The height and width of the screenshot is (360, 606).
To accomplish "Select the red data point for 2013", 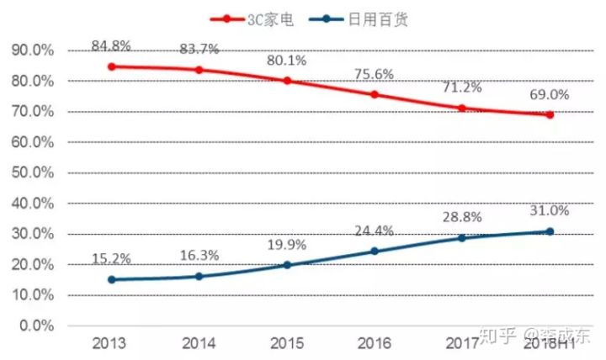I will click(x=111, y=66).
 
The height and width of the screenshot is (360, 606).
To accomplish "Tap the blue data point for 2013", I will click(x=111, y=279).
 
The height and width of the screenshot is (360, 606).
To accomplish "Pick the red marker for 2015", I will click(x=287, y=81).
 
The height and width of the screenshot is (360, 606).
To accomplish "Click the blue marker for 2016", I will click(x=375, y=251).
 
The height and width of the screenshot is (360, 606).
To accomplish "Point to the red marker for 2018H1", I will click(x=550, y=114).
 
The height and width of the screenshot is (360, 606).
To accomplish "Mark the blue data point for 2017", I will click(x=462, y=238).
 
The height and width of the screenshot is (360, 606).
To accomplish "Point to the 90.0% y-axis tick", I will click(x=33, y=50).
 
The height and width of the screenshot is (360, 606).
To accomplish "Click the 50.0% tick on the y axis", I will click(x=33, y=172).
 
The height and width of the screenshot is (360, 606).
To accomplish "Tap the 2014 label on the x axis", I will click(x=199, y=344).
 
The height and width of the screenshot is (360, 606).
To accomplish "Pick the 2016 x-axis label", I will click(x=375, y=344).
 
